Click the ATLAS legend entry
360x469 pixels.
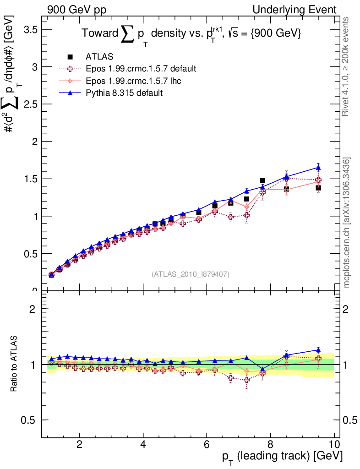click(99, 56)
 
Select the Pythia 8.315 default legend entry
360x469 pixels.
click(124, 93)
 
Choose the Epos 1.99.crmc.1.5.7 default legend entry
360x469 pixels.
click(141, 69)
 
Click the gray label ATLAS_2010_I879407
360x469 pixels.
click(191, 274)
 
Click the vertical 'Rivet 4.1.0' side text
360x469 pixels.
click(347, 66)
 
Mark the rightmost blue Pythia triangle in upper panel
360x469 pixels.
click(318, 167)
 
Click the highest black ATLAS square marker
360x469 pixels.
click(262, 181)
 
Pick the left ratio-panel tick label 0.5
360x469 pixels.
click(31, 420)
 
